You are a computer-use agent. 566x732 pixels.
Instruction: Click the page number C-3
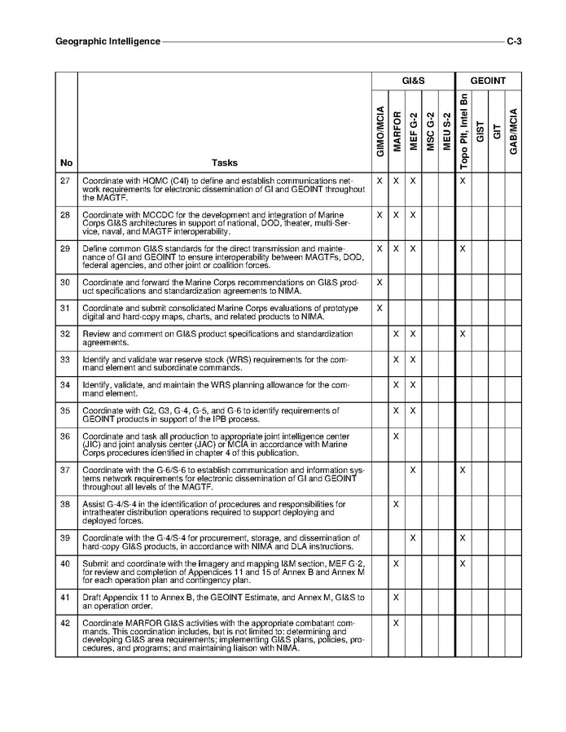tap(514, 41)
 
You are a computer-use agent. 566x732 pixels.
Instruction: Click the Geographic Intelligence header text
tap(107, 41)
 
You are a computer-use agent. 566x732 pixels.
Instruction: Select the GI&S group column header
tap(413, 81)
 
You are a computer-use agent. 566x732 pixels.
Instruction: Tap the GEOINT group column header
tap(488, 81)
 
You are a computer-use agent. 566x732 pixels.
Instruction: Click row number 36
tap(66, 436)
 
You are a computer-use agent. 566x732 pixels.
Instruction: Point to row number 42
tap(66, 623)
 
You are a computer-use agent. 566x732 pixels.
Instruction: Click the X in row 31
tap(380, 308)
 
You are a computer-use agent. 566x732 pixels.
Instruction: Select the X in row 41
tap(396, 598)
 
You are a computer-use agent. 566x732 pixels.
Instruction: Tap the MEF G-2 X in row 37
tap(413, 470)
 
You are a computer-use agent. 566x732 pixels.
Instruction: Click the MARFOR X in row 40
tap(396, 563)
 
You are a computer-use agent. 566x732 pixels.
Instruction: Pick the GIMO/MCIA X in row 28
tap(380, 214)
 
